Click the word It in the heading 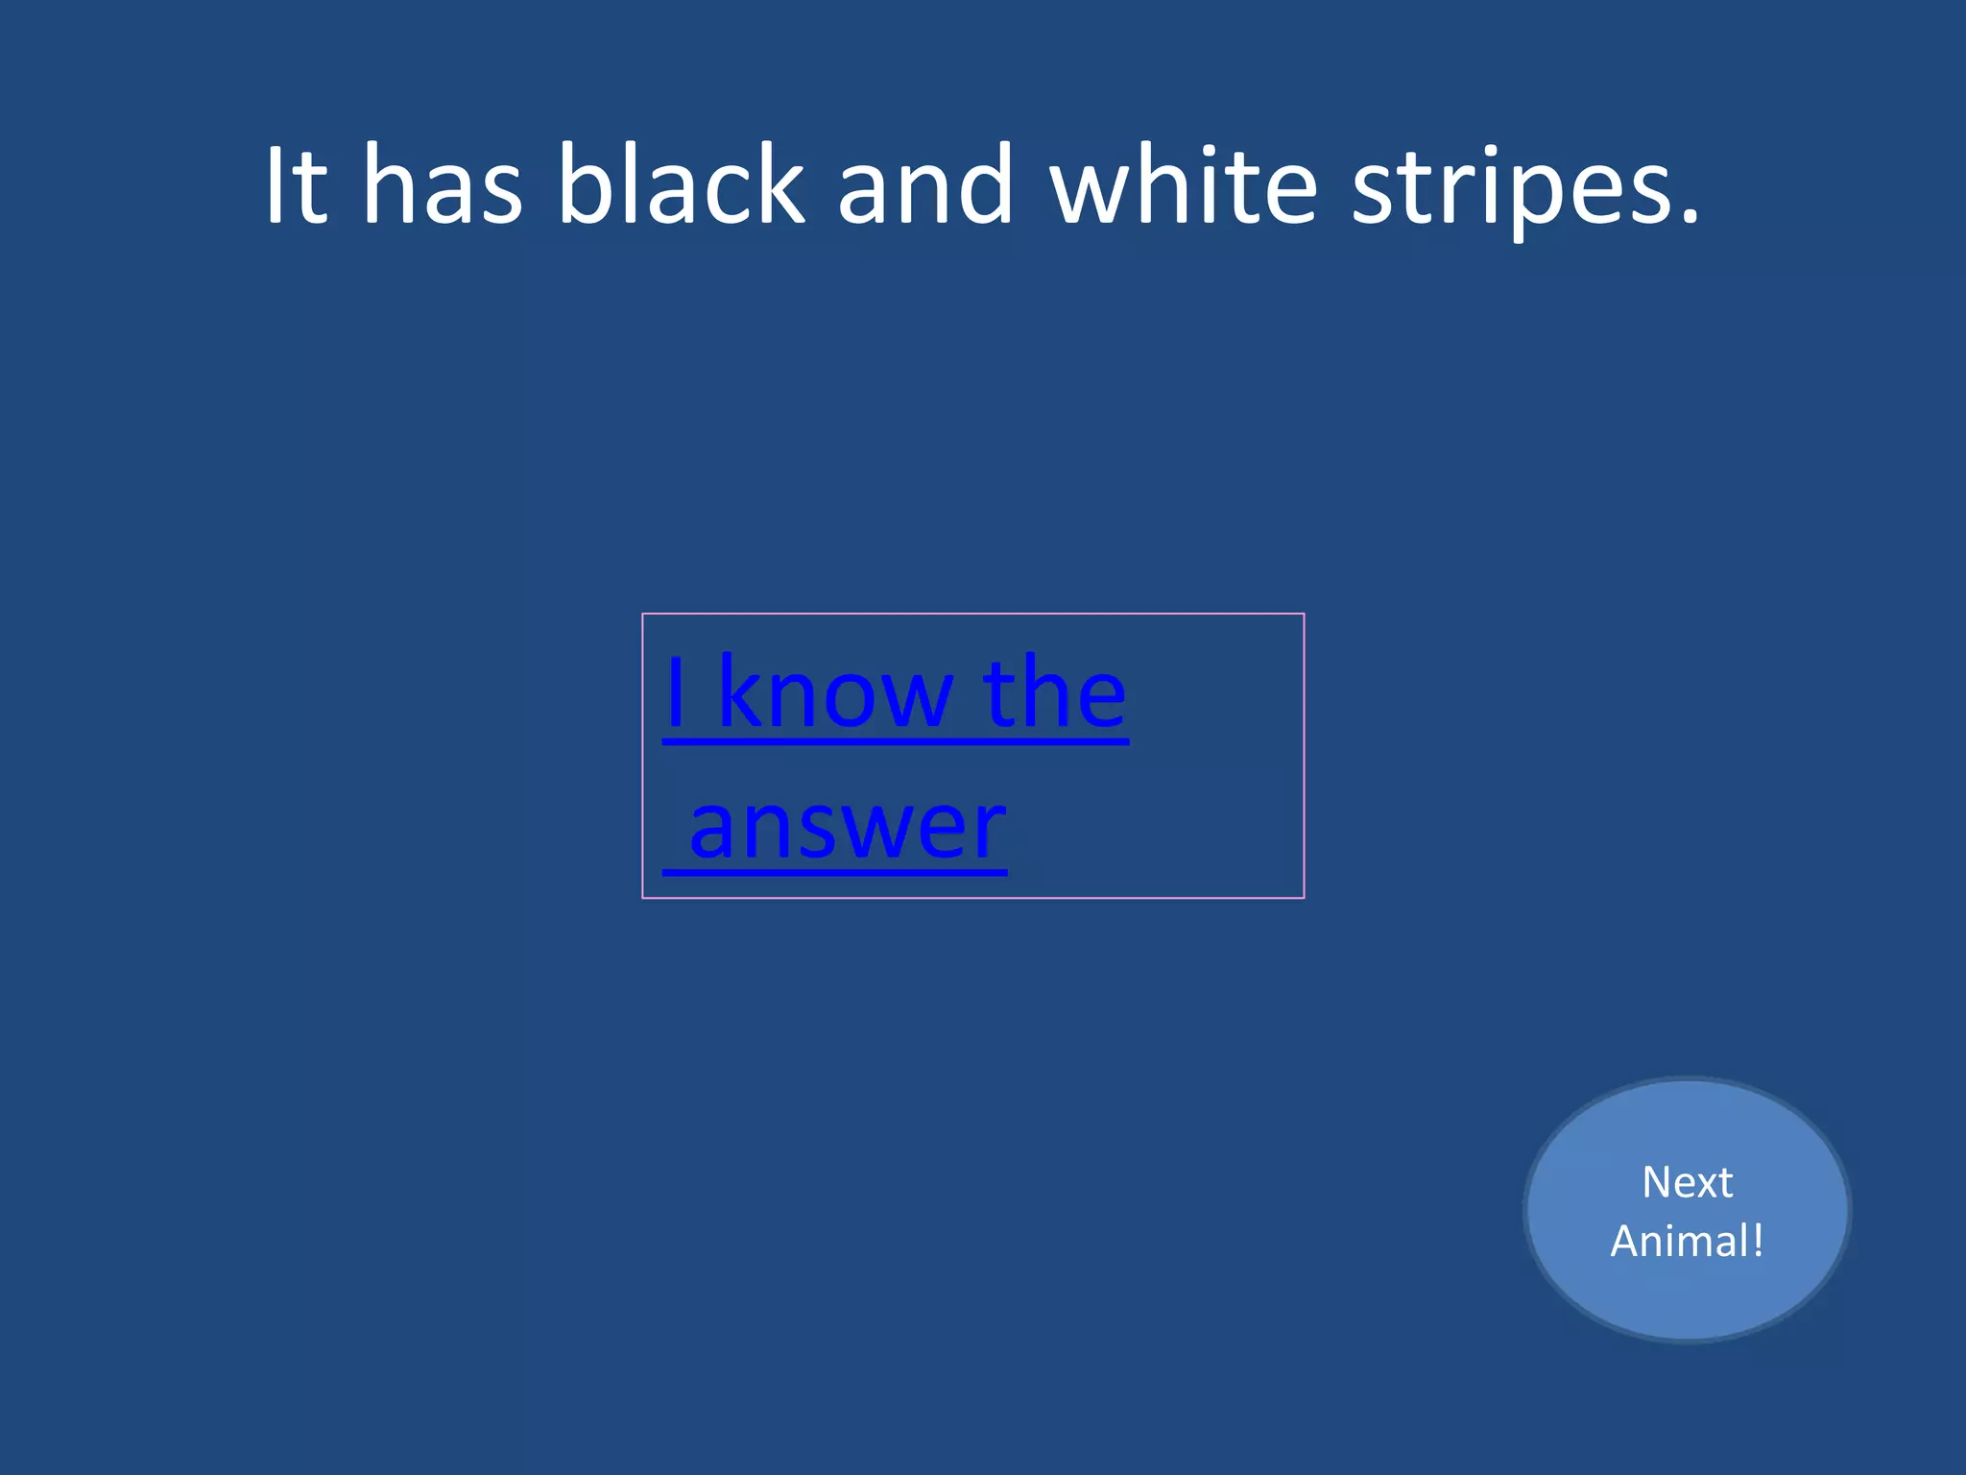tap(297, 184)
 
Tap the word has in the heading tap(443, 184)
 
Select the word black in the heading tap(681, 184)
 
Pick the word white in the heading tap(1184, 184)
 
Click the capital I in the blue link tap(676, 691)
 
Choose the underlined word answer tap(848, 828)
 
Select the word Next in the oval tap(1687, 1182)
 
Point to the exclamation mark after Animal tap(1758, 1240)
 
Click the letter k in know tap(739, 691)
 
